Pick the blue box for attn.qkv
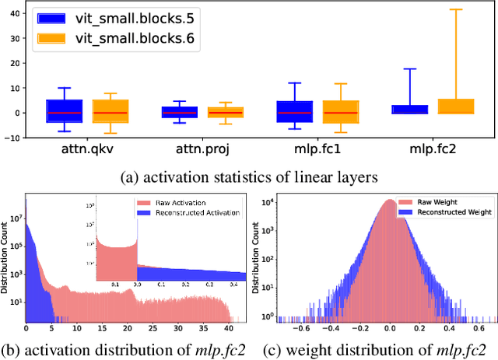[65, 111]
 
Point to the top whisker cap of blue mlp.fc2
[409, 69]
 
